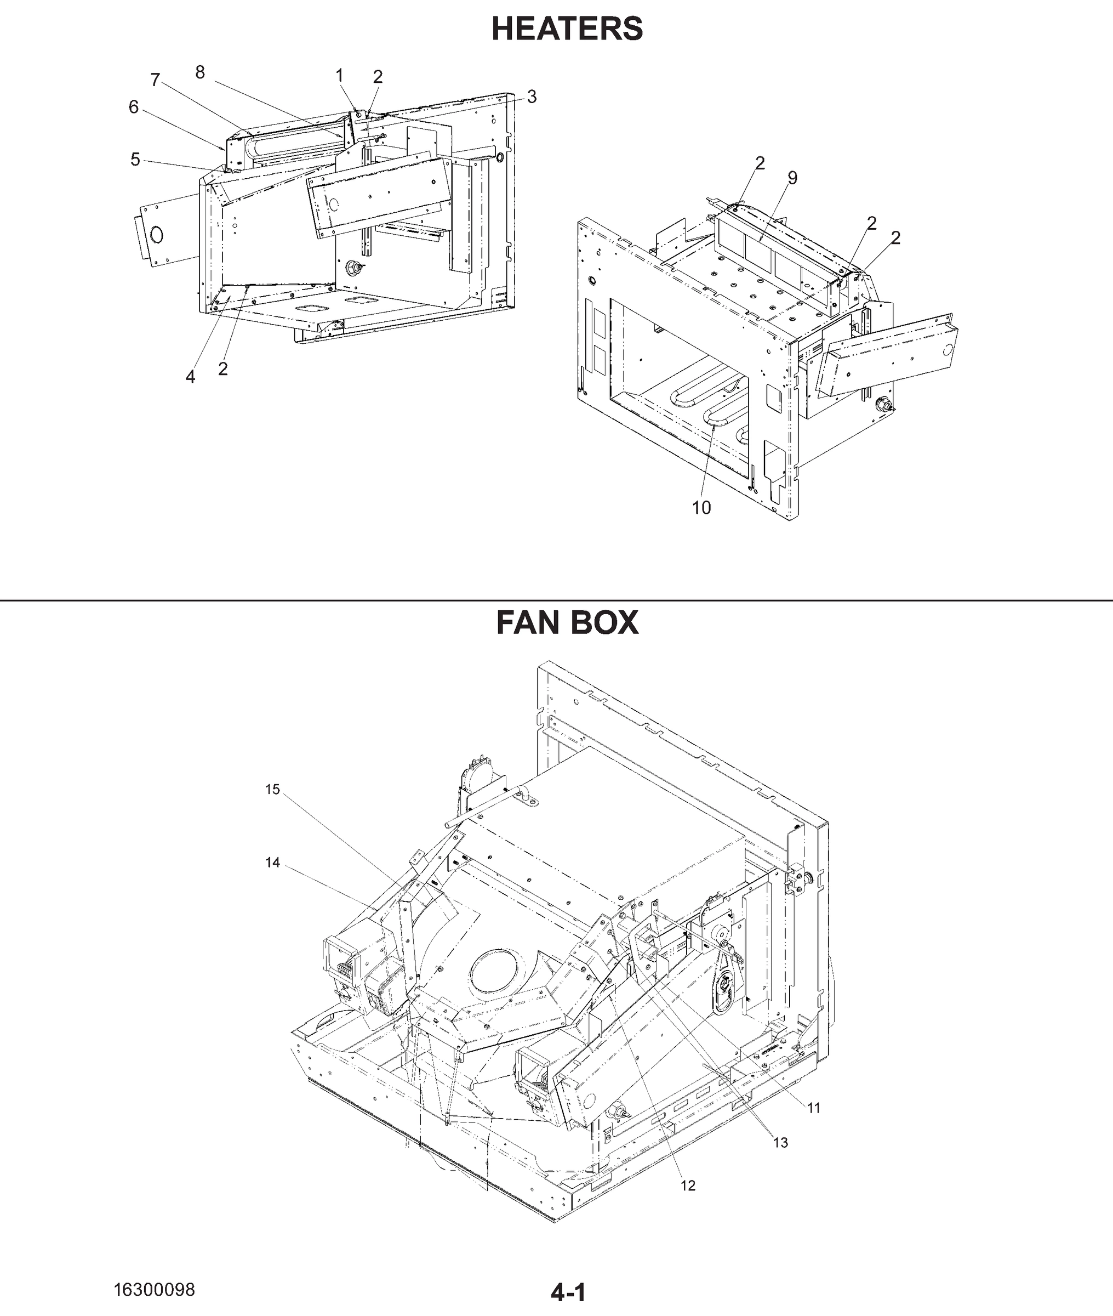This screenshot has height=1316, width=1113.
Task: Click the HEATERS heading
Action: tap(567, 29)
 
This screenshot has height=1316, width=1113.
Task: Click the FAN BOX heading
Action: tap(567, 622)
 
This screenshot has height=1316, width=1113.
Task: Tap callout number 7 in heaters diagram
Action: tap(155, 80)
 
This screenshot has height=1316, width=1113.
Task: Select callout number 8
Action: tap(200, 72)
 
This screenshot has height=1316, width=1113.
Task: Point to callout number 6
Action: tap(133, 107)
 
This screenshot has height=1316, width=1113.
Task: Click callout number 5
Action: tap(135, 159)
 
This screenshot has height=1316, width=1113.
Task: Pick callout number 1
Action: tap(339, 76)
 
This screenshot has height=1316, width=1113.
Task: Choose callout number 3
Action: tap(532, 97)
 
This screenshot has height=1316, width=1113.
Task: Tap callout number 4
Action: tap(190, 377)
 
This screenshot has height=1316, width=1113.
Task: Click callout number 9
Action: tap(792, 178)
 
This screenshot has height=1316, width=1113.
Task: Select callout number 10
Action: tap(701, 507)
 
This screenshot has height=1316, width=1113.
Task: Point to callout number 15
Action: tap(272, 790)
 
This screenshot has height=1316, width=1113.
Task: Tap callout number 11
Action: tap(813, 1108)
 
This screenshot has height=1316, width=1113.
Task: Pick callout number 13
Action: tap(780, 1142)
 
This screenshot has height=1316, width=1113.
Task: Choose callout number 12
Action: tap(688, 1185)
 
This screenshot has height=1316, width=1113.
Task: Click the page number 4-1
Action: tap(568, 1288)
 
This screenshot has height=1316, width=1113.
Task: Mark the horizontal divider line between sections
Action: tap(557, 600)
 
